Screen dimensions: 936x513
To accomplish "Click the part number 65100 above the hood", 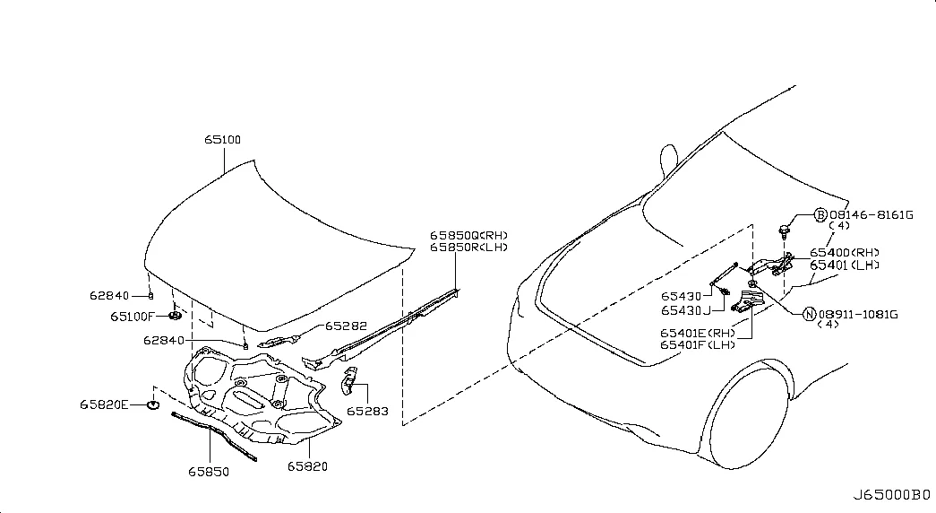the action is [223, 139].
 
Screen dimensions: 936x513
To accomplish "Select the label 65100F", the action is [132, 317].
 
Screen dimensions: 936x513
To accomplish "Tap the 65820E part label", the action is [104, 404].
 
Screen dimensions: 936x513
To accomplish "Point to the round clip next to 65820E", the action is [153, 405].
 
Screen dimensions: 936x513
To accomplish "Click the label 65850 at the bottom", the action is [209, 472].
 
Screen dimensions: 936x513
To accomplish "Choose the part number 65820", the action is [307, 466].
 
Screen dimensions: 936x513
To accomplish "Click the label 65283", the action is [368, 412].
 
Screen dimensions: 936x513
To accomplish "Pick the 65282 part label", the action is [346, 326].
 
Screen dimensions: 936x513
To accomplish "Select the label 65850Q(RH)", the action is [468, 236].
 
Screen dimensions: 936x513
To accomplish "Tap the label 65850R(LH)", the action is [468, 248].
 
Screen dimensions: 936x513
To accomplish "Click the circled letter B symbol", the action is [820, 215].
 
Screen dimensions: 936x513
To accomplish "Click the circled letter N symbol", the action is [810, 315].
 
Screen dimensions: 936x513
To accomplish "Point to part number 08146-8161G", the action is [871, 214].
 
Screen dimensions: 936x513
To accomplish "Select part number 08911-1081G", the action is [858, 315].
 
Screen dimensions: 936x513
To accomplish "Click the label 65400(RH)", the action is [844, 253].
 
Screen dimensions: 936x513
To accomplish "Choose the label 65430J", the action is [685, 311].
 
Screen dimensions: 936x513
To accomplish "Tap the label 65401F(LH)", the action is [697, 345].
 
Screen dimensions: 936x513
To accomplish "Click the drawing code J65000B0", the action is [890, 495].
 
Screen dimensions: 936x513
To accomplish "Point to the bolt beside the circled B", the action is [785, 230].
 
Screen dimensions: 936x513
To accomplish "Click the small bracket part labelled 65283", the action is [349, 381].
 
